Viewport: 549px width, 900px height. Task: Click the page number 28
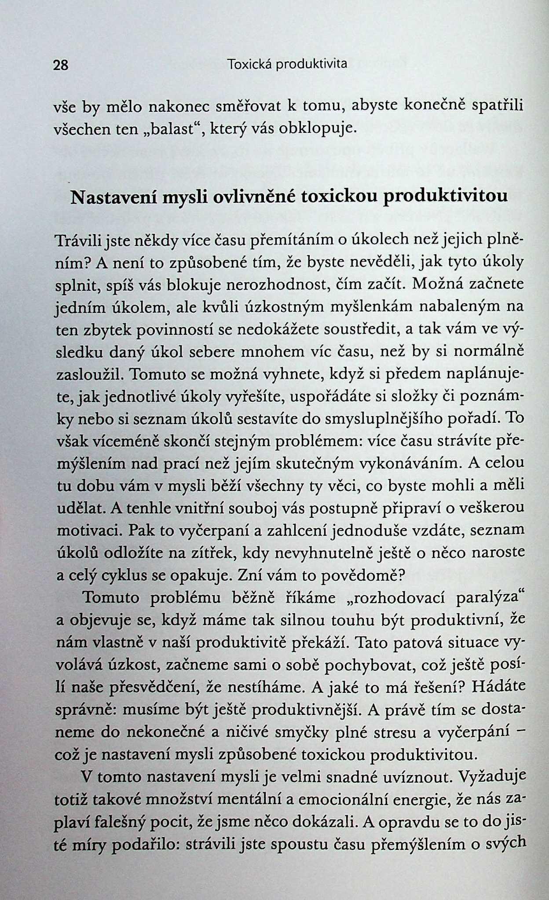point(61,66)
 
